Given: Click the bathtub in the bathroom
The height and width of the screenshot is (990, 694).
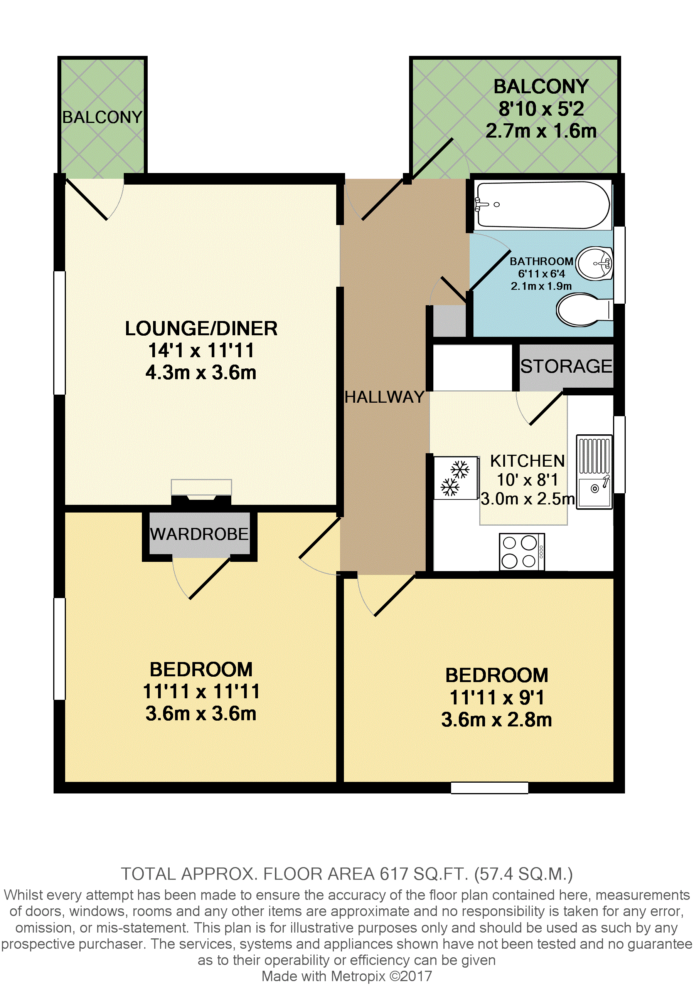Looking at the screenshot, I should pyautogui.click(x=542, y=205).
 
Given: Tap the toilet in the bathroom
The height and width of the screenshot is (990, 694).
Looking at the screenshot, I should pyautogui.click(x=582, y=309).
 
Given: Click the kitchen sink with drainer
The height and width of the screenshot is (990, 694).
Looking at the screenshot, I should pyautogui.click(x=595, y=472).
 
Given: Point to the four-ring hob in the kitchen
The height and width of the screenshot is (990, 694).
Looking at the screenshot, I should pyautogui.click(x=522, y=552).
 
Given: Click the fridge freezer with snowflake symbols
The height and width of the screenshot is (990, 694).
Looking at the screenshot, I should pyautogui.click(x=456, y=478).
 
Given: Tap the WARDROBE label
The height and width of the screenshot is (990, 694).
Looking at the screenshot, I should pyautogui.click(x=199, y=534).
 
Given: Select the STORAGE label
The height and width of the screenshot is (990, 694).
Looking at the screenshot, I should pyautogui.click(x=566, y=366).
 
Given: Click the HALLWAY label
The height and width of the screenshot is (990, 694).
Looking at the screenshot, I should pyautogui.click(x=385, y=397).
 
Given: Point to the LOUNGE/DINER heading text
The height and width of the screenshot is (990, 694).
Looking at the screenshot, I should pyautogui.click(x=201, y=329).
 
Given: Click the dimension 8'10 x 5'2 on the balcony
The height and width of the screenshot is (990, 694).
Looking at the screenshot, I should pyautogui.click(x=541, y=109).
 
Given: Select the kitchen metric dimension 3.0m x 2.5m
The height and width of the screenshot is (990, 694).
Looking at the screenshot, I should pyautogui.click(x=527, y=499).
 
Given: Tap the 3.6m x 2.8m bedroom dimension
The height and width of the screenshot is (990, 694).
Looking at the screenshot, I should pyautogui.click(x=497, y=719).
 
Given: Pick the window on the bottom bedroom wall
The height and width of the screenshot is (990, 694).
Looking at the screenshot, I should pyautogui.click(x=490, y=788).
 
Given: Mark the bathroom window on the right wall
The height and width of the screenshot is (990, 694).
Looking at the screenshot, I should pyautogui.click(x=619, y=265).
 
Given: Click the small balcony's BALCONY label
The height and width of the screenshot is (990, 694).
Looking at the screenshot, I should pyautogui.click(x=102, y=117).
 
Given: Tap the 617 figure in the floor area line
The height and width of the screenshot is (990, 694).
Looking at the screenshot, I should pyautogui.click(x=394, y=874).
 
